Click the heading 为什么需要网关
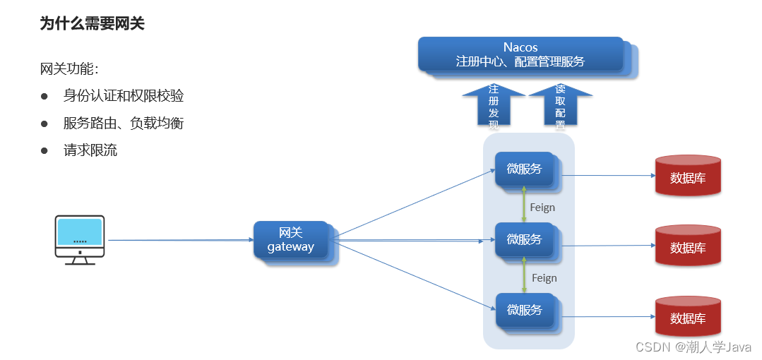pyautogui.click(x=93, y=23)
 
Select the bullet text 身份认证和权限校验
pyautogui.click(x=124, y=96)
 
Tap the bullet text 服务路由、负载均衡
pyautogui.click(x=124, y=123)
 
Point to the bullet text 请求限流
pyautogui.click(x=90, y=150)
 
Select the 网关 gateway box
pyautogui.click(x=291, y=240)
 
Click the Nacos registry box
pyautogui.click(x=520, y=54)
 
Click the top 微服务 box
pyautogui.click(x=524, y=169)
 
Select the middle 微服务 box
pyautogui.click(x=524, y=239)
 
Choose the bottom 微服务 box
pyautogui.click(x=524, y=310)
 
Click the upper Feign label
pyautogui.click(x=542, y=208)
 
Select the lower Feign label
pyautogui.click(x=544, y=278)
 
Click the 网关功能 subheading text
pyautogui.click(x=70, y=69)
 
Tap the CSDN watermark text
pyautogui.click(x=693, y=347)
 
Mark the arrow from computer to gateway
pyautogui.click(x=180, y=240)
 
